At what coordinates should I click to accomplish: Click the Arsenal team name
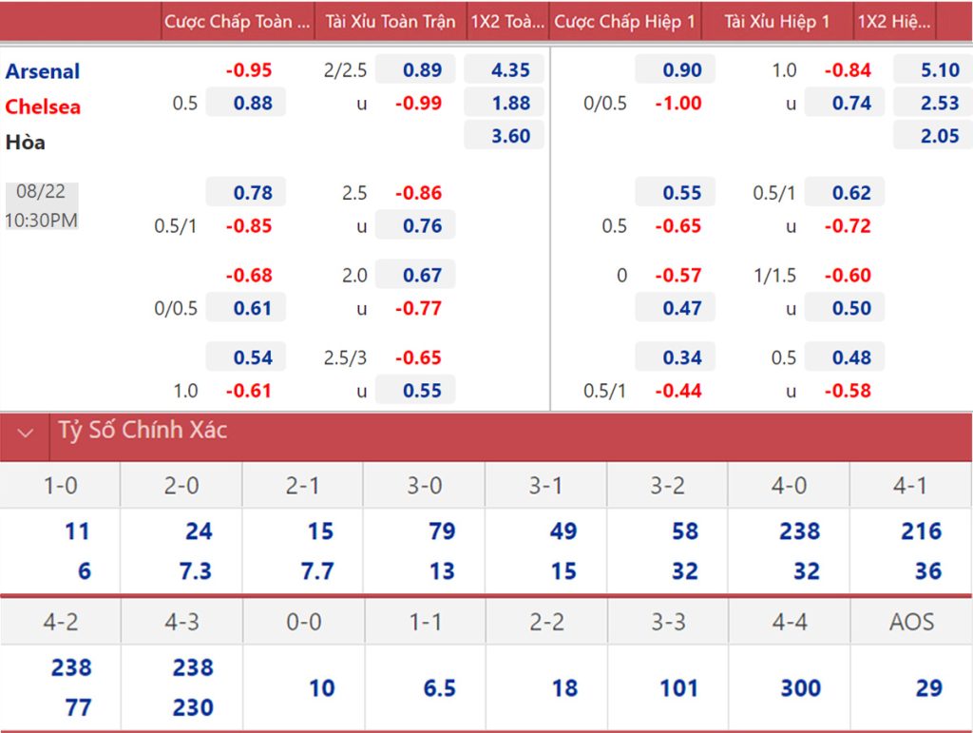[43, 71]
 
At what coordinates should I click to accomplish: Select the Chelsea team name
[43, 106]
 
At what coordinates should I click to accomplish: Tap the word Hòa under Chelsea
[26, 143]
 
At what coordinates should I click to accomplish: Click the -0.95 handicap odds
[249, 70]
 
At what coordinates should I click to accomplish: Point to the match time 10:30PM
[41, 220]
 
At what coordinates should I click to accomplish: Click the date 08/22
[41, 191]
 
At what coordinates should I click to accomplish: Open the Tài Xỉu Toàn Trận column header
[391, 21]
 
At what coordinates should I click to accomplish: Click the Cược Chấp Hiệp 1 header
[624, 21]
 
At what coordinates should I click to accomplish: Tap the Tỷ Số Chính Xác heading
[143, 431]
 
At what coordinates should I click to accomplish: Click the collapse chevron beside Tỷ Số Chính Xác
[26, 434]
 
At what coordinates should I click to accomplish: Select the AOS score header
[911, 622]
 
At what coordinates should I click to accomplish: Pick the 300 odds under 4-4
[800, 687]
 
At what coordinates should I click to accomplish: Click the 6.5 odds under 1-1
[439, 687]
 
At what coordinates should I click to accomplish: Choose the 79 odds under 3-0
[442, 530]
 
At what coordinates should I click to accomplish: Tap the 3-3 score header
[668, 622]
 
